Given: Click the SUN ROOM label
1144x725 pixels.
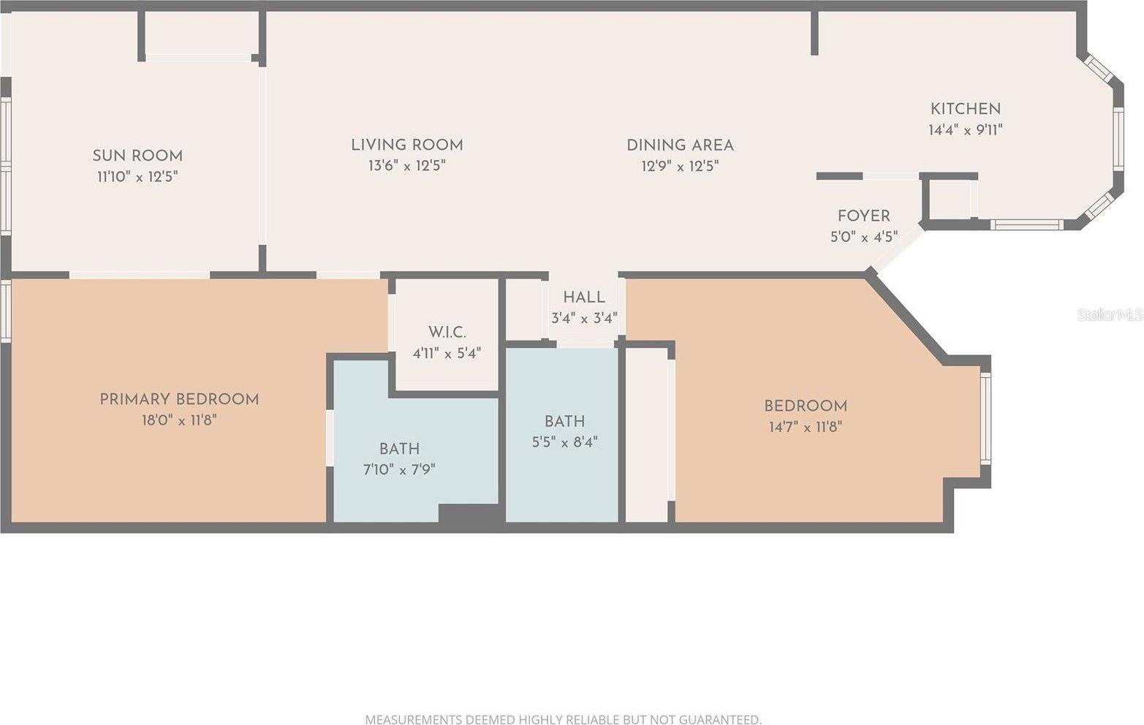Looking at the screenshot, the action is [137, 156].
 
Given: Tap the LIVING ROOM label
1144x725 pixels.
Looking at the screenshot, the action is [407, 145].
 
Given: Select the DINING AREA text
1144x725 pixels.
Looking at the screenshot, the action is [680, 145].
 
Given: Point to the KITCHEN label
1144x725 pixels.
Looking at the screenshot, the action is [965, 109].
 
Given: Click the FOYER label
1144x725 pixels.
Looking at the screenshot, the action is [863, 216].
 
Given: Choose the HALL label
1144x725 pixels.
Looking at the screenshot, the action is [584, 297].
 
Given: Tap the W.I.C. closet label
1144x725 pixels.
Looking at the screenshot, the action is [447, 333].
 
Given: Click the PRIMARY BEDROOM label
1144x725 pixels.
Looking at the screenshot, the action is [179, 399].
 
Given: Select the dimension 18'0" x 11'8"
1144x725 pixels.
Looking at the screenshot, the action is [179, 420].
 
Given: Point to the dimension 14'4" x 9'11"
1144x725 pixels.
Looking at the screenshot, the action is [965, 129].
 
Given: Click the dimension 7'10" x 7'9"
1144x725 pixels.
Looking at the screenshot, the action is [399, 469].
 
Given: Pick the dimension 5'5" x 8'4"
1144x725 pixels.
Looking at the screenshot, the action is [564, 441].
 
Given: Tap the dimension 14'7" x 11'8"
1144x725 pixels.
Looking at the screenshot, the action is [806, 427].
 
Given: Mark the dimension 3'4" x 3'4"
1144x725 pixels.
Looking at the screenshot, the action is [584, 318].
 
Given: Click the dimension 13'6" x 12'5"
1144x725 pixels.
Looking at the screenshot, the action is [407, 166].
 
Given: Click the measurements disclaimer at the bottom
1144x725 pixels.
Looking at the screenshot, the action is [564, 719].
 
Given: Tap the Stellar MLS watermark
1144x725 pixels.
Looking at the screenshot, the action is [1110, 314].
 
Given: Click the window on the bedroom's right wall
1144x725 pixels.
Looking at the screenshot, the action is [985, 418].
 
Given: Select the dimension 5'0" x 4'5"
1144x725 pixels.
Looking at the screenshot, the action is [863, 237].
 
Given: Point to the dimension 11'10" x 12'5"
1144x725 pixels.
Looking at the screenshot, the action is [137, 177].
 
